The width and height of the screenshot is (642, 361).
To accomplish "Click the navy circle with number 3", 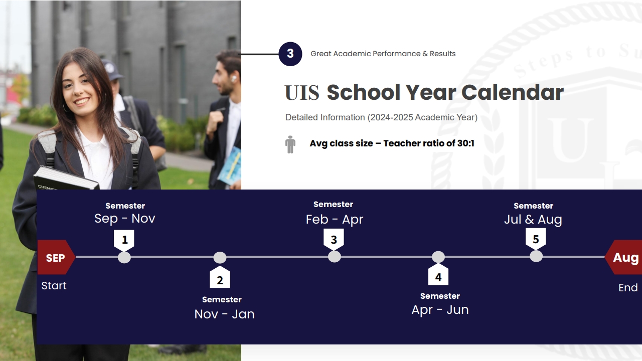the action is (290, 54).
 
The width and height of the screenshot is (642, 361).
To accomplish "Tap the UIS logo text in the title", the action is (302, 93).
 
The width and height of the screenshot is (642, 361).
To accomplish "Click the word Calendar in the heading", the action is (513, 92).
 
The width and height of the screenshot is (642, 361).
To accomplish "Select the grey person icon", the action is (290, 144).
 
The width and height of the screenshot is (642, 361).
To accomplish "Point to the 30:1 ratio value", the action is (466, 143).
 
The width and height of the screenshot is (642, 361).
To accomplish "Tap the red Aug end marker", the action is (623, 257).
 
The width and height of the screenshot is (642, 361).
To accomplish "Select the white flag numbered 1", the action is (124, 240).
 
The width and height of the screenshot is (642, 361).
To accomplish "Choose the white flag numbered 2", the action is (220, 277).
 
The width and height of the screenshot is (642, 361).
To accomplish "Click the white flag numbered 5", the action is (536, 239).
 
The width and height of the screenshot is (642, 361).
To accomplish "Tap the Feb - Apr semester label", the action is (335, 220).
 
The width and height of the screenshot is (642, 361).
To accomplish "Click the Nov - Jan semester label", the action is (224, 314).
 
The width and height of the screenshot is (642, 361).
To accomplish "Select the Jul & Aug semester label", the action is (533, 220).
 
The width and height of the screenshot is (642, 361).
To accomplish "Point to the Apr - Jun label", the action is (440, 310).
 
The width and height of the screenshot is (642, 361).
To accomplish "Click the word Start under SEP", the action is (54, 286).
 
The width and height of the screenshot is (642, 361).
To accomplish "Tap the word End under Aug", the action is (628, 288).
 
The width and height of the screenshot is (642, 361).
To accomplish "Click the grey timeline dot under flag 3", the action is (334, 257).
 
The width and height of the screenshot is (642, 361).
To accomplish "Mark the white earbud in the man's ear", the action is (234, 79).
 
